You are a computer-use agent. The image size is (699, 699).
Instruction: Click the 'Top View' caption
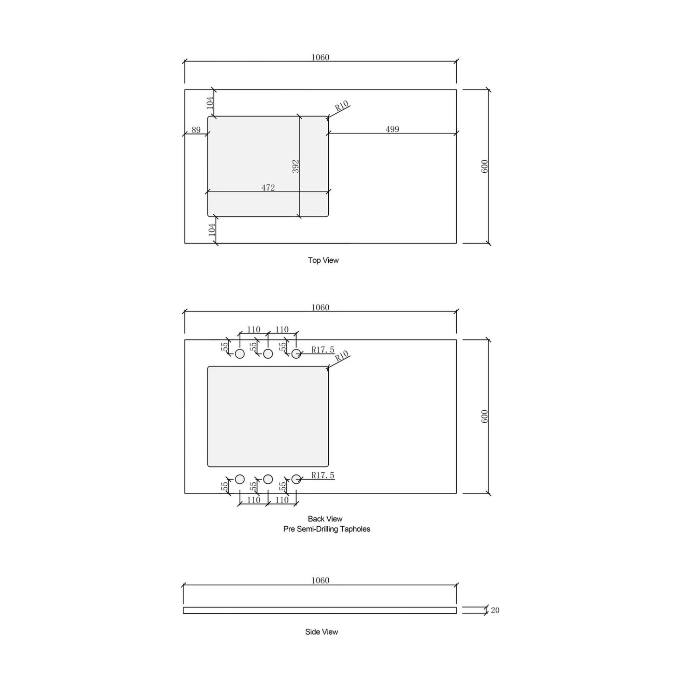pos(323,260)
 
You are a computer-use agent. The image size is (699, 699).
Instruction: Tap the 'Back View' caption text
pos(325,519)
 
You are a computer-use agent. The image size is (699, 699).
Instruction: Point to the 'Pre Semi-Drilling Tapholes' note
pos(326,529)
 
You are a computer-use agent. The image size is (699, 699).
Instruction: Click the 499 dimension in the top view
pos(392,129)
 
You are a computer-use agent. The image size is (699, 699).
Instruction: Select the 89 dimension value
pos(196,130)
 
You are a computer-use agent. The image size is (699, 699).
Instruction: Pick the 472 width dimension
pos(268,187)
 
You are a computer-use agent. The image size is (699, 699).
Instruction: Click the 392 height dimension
pos(296,167)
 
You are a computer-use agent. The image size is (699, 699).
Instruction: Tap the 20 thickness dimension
pos(495,610)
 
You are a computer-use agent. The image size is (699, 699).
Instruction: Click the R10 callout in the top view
pos(341,106)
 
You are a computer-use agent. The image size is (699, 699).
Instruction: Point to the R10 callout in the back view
pos(341,356)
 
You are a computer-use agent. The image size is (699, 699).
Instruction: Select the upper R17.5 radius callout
pos(323,349)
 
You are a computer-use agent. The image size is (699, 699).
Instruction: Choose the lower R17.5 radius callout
pos(323,475)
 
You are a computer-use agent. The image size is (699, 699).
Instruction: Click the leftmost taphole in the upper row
pos(240,354)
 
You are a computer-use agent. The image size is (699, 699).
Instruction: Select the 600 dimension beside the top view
pos(485,167)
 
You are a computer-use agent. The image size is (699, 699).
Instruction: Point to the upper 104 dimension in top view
pos(210,103)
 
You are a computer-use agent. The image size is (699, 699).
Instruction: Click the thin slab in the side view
pos(320,610)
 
